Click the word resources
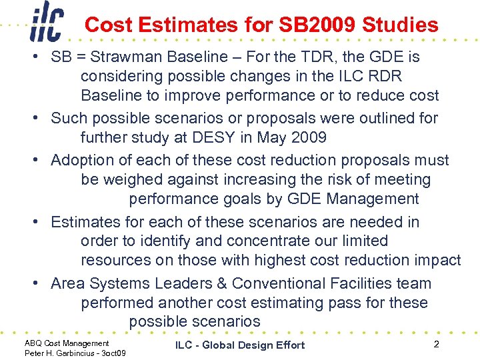pos(117,260)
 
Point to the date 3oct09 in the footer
pos(112,352)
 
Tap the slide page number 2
pos(436,344)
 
